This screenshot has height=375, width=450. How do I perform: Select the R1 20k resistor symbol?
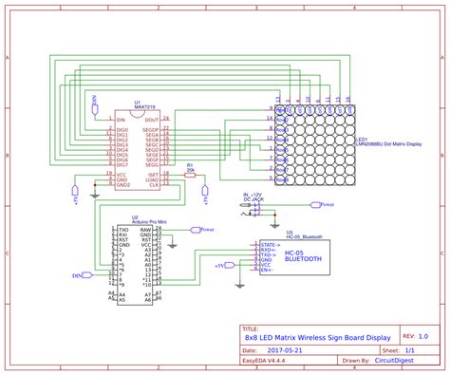click(190, 175)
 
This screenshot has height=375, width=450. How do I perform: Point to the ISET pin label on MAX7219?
click(152, 175)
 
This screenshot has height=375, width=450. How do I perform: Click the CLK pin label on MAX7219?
click(153, 187)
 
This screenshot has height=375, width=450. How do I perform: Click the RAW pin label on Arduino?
click(145, 230)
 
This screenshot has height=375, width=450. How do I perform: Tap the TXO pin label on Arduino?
click(122, 230)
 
